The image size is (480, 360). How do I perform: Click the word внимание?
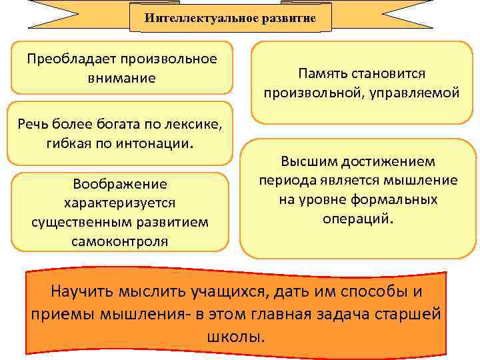121,78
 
